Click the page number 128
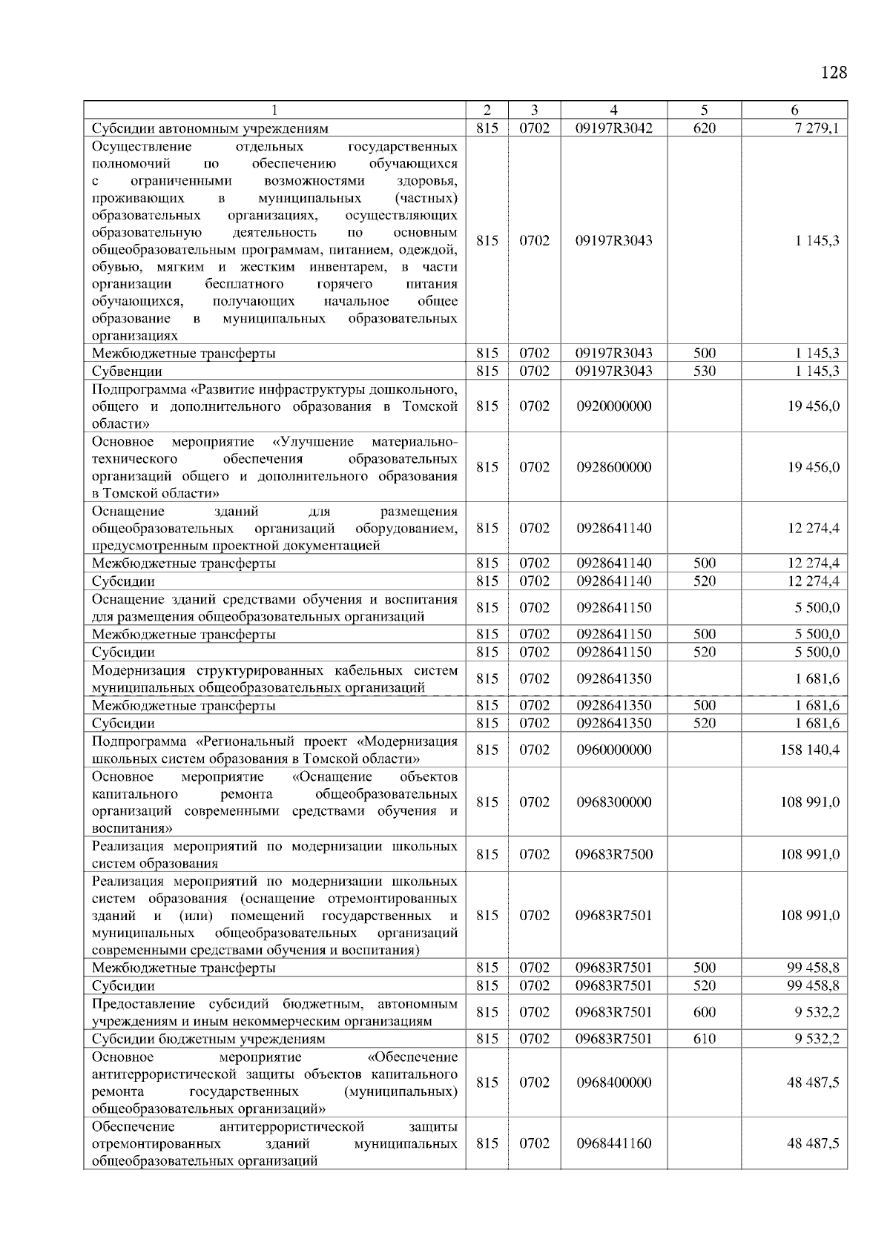point(834,73)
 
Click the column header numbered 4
point(613,110)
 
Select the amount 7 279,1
point(817,128)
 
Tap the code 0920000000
point(613,406)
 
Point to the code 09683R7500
point(613,854)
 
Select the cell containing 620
point(704,128)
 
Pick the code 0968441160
point(613,1143)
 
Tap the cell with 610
point(704,1039)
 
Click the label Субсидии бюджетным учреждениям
point(208,1039)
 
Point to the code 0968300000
point(613,802)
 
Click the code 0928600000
point(613,467)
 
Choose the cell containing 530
point(704,371)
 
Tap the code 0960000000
point(613,750)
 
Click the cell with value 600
point(704,1012)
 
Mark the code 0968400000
point(613,1083)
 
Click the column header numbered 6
point(794,110)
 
